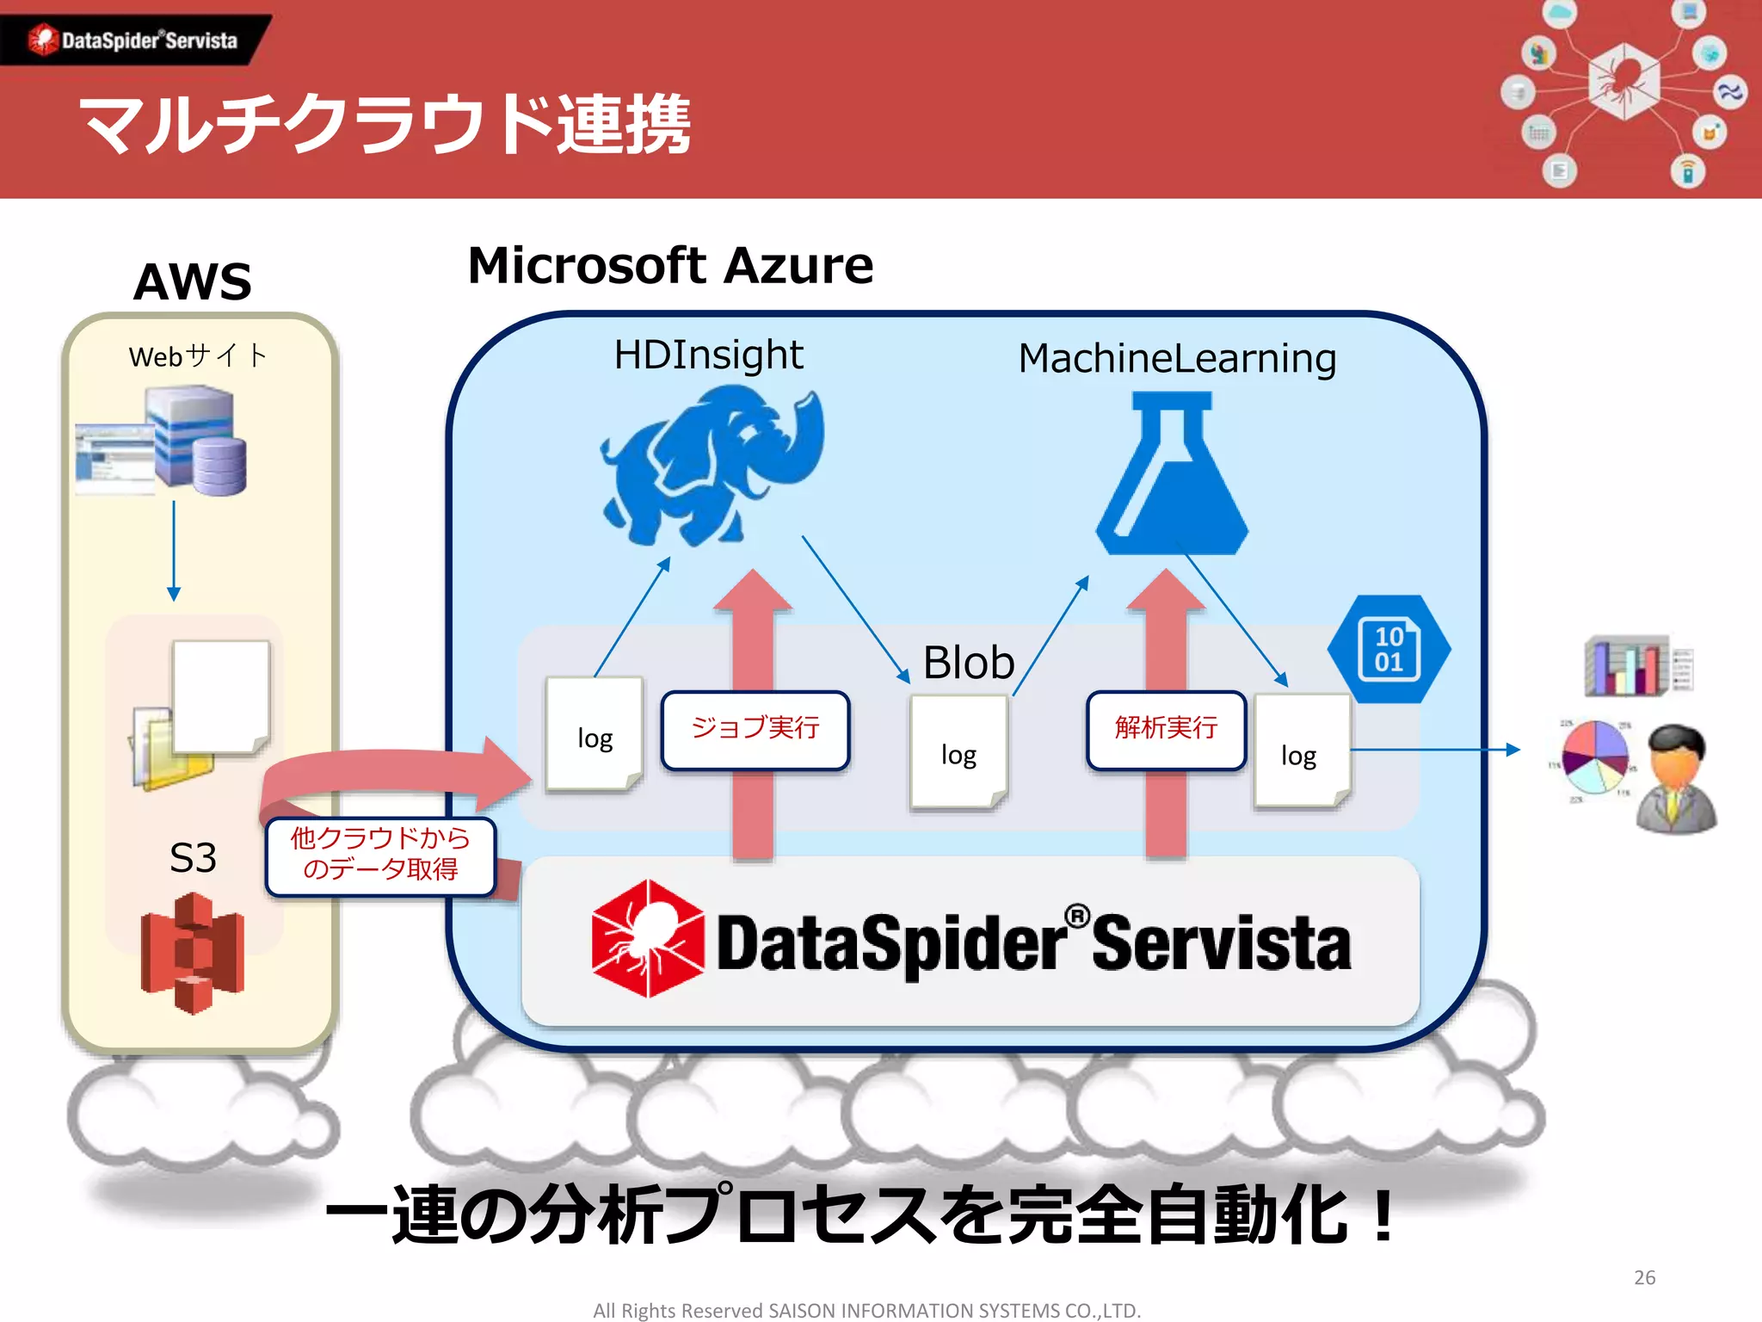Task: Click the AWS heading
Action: coord(193,281)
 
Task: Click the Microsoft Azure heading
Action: coord(670,265)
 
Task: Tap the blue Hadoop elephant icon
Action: coord(712,465)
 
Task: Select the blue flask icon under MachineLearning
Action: coord(1172,473)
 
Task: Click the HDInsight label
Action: coord(708,355)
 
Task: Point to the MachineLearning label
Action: coord(1177,358)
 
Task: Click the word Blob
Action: coord(969,662)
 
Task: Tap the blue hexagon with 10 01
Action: coord(1389,649)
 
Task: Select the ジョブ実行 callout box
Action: coord(755,729)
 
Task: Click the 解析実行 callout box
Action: coord(1166,729)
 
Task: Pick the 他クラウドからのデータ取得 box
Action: coord(380,855)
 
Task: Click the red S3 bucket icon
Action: coord(193,952)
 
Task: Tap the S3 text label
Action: coord(193,857)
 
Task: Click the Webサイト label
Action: coord(198,355)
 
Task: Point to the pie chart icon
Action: coord(1595,757)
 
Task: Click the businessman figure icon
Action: coord(1676,779)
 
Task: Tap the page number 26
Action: coord(1644,1277)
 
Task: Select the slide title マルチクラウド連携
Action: coord(385,125)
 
